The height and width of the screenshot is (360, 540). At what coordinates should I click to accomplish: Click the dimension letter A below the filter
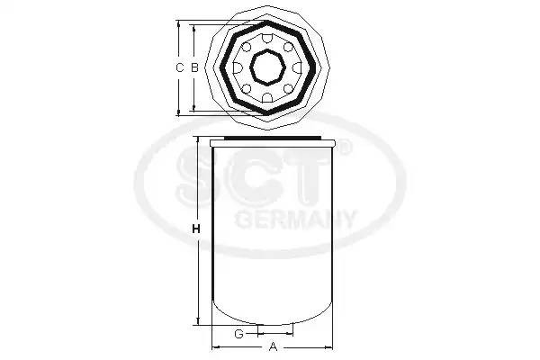coord(273,346)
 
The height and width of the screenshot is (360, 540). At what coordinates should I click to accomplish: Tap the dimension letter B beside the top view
coord(195,67)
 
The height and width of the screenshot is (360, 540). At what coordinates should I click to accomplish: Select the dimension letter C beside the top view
coord(179,67)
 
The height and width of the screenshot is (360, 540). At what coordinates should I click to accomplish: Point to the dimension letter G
coord(238,334)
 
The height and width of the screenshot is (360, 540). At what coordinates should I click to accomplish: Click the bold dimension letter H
coord(196,229)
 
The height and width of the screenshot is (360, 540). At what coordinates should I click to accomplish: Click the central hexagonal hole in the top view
coord(267,67)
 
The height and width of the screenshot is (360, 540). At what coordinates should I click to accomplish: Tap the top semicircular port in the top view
coord(267,39)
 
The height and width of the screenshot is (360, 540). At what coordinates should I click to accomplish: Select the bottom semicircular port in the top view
coord(267,97)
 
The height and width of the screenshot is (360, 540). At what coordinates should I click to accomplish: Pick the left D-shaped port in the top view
coord(238,67)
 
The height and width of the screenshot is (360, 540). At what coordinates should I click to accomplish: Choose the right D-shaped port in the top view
coord(297,67)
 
